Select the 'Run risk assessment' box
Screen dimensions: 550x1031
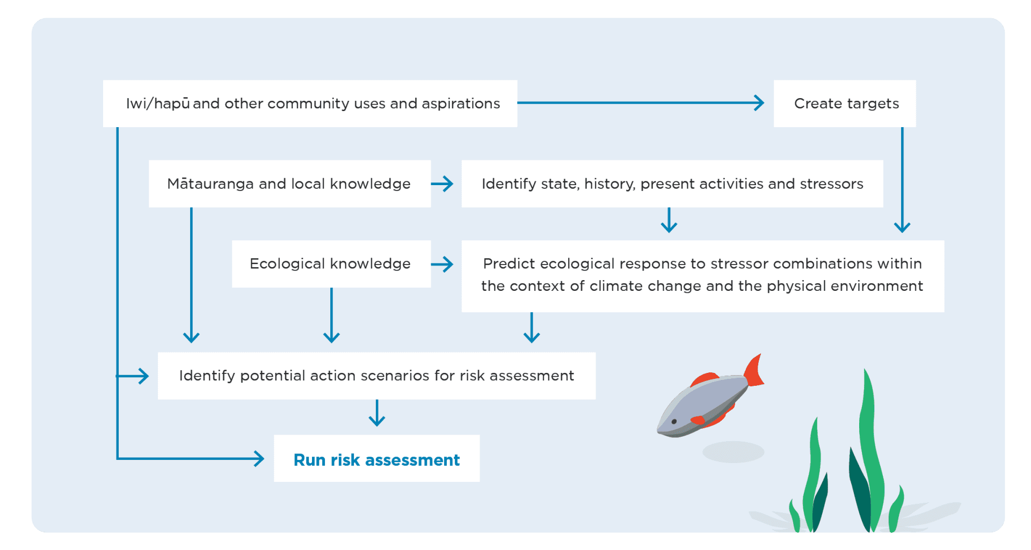tap(376, 459)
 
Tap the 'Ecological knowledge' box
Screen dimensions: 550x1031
tap(331, 264)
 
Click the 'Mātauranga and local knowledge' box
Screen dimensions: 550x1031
tap(289, 184)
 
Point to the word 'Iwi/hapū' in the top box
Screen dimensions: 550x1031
tap(157, 104)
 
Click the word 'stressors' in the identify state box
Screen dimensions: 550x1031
tap(831, 184)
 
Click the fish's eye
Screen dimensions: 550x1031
tap(674, 422)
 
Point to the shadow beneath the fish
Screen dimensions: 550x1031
tap(733, 452)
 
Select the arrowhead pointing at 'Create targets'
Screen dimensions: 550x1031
tap(759, 103)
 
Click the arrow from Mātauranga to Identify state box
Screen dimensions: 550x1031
tap(442, 184)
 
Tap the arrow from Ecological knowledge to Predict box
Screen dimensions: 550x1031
tap(442, 264)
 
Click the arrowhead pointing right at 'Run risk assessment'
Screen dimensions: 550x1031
tap(259, 459)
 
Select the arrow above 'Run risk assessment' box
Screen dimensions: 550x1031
tap(377, 413)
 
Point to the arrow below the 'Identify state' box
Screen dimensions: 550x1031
tap(669, 221)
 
